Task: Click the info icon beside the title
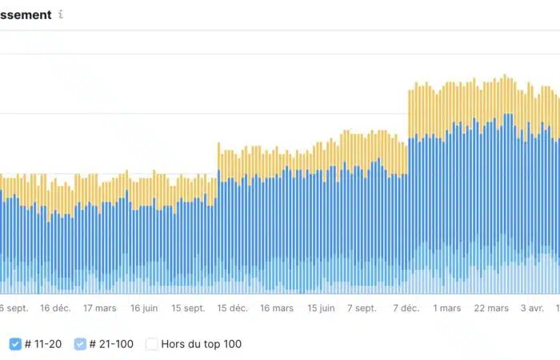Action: pyautogui.click(x=62, y=15)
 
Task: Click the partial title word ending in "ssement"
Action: pyautogui.click(x=26, y=14)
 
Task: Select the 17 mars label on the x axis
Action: pyautogui.click(x=99, y=308)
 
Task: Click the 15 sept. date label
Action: pyautogui.click(x=188, y=308)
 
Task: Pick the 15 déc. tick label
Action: pyautogui.click(x=232, y=308)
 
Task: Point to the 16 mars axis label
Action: pyautogui.click(x=277, y=308)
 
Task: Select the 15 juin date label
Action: pyautogui.click(x=321, y=308)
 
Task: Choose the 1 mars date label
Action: pyautogui.click(x=447, y=308)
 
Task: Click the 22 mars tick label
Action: pyautogui.click(x=491, y=308)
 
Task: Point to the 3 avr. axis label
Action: pyautogui.click(x=532, y=308)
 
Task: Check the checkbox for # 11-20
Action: pyautogui.click(x=15, y=344)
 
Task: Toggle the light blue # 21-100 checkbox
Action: pyautogui.click(x=80, y=344)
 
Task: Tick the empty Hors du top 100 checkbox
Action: pyautogui.click(x=151, y=344)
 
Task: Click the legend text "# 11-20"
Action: pyautogui.click(x=43, y=344)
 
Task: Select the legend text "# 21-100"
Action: pyautogui.click(x=111, y=344)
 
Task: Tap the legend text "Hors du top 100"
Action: pyautogui.click(x=201, y=344)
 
